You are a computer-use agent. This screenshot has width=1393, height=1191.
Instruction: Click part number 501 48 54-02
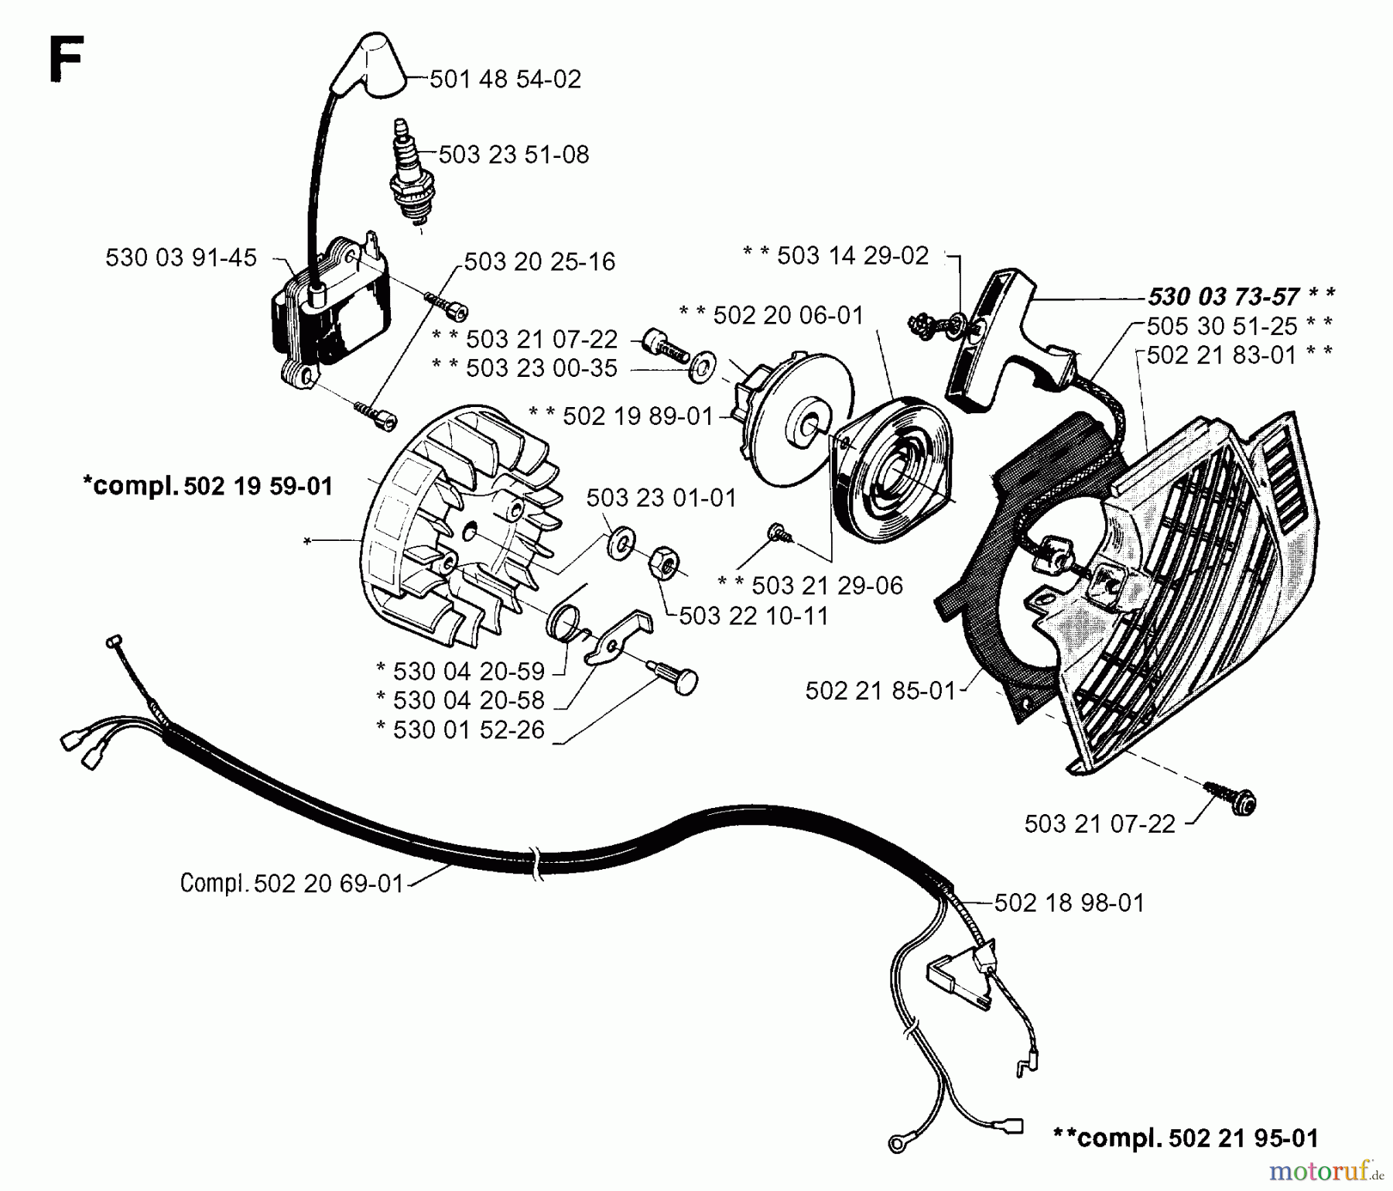(505, 79)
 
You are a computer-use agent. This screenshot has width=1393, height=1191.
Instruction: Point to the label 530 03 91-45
(180, 258)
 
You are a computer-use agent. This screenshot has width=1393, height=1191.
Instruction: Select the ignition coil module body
(333, 310)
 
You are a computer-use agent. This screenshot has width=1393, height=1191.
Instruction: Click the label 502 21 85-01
(880, 690)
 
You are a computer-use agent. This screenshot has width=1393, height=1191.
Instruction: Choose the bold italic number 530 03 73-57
(1224, 296)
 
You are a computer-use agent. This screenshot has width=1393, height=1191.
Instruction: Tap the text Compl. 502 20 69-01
(292, 883)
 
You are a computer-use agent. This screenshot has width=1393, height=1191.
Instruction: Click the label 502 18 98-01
(1068, 902)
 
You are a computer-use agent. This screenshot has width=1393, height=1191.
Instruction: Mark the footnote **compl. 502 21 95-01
(1185, 1137)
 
